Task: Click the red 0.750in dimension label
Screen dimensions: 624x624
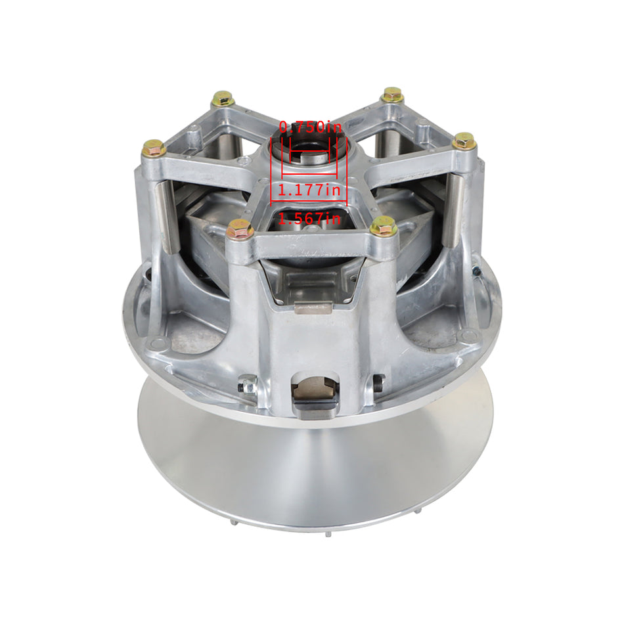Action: (311, 127)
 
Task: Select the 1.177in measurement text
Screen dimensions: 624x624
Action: (309, 190)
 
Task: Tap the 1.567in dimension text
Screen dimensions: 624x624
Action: (309, 219)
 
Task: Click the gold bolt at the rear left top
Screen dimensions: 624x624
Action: (223, 99)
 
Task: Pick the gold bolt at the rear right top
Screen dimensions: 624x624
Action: (392, 95)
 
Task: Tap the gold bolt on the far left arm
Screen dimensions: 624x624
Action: (154, 148)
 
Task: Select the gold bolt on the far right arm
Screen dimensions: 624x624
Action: (464, 141)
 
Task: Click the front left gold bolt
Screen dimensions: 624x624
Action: (240, 229)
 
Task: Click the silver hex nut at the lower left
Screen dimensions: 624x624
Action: (247, 385)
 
